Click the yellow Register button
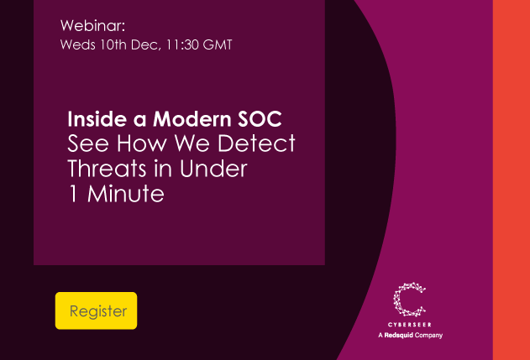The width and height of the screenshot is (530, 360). [x=96, y=310]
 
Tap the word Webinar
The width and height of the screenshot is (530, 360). [x=92, y=25]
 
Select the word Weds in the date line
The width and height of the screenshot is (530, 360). [x=77, y=44]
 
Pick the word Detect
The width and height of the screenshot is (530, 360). [x=260, y=143]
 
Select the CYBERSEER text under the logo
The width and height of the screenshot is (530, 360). [x=410, y=324]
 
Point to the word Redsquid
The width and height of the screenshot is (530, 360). [x=401, y=335]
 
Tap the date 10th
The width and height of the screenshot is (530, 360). [x=112, y=44]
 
